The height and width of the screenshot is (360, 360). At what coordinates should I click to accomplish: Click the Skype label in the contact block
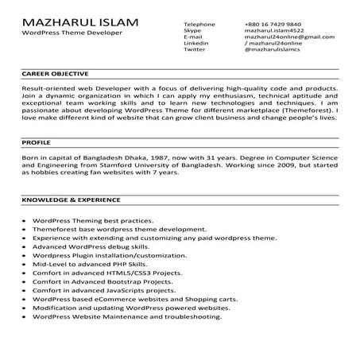tap(192, 31)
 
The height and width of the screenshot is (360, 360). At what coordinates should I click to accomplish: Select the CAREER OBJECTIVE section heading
tap(55, 73)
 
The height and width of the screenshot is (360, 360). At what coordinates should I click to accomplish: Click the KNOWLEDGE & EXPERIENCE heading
tap(71, 199)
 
